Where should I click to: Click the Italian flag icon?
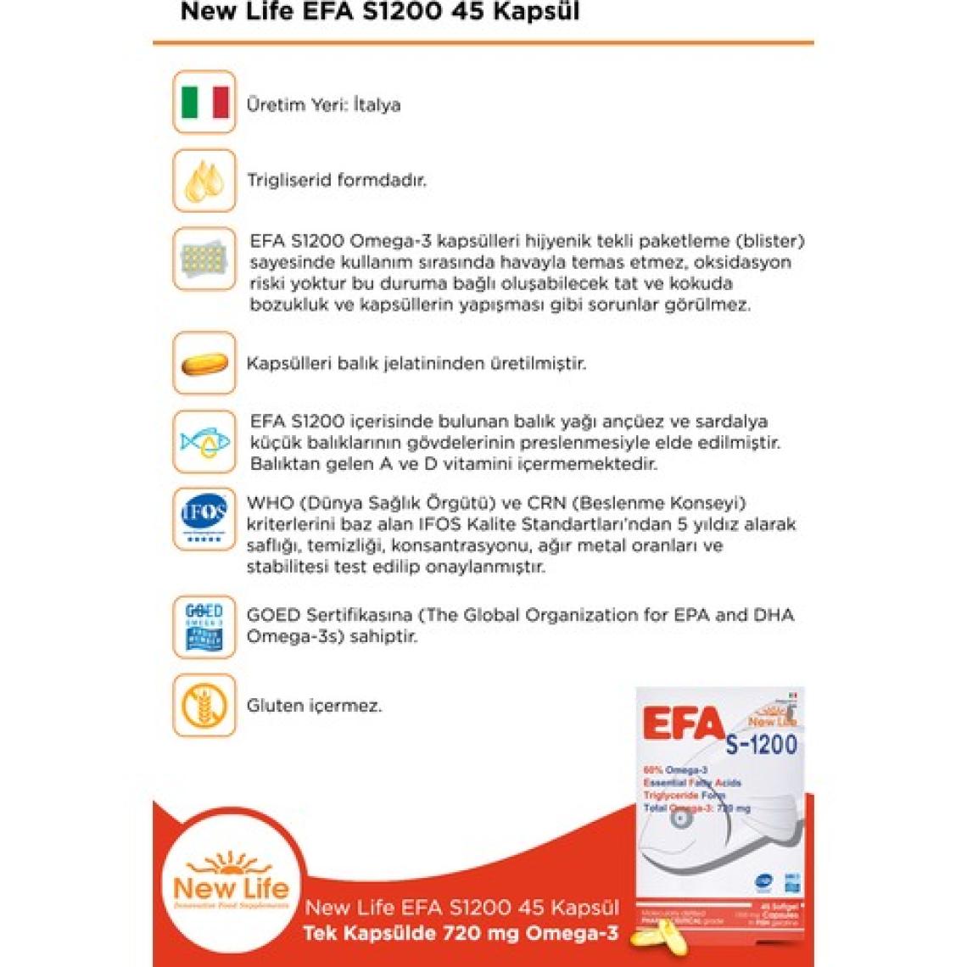pos(204,103)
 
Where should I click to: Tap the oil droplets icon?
pos(204,181)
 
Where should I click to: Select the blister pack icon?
pos(204,259)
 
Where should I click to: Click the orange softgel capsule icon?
pos(204,364)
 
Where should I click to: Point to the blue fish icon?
pos(204,441)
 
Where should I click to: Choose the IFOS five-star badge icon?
pos(204,518)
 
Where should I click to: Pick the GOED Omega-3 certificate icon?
pos(204,627)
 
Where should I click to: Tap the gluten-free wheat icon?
pos(204,705)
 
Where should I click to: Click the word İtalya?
pos(377,105)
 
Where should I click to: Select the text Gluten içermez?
pos(314,706)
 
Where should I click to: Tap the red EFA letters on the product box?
pos(683,724)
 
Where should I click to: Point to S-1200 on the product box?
pos(761,745)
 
